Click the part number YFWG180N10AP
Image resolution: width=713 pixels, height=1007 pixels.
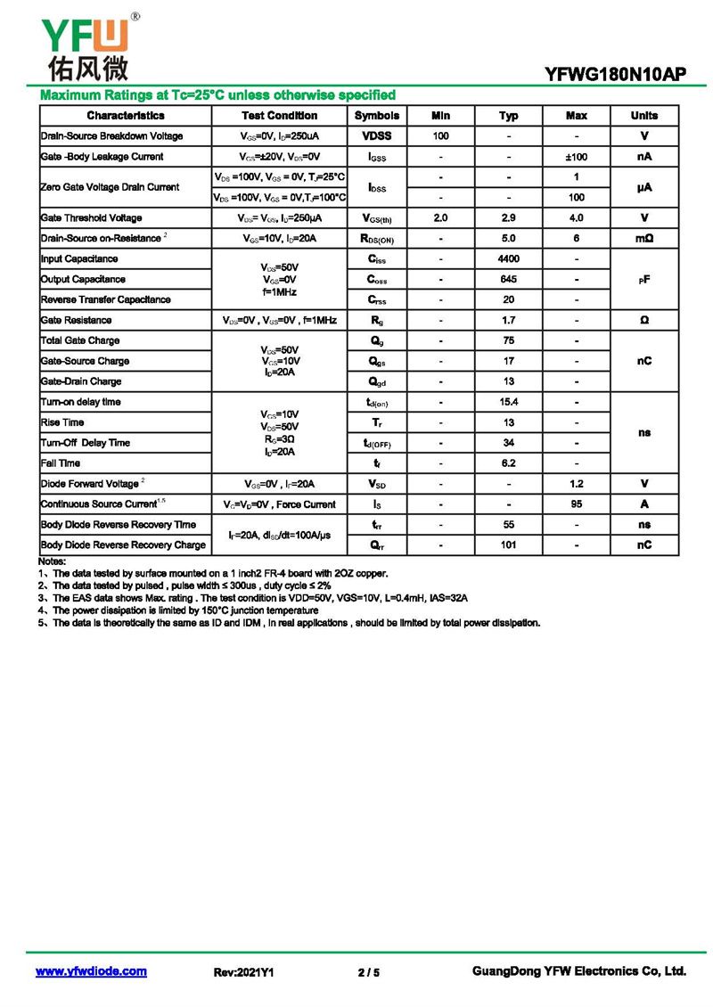tap(615, 76)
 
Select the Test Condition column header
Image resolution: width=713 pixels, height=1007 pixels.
tap(279, 116)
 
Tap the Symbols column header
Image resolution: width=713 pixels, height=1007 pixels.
tap(377, 116)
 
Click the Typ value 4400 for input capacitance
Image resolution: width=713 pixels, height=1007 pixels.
tap(509, 259)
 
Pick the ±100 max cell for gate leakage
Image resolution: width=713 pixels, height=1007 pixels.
tap(577, 157)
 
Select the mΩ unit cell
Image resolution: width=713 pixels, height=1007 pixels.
tap(644, 239)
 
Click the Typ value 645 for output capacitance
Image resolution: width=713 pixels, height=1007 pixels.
tap(509, 280)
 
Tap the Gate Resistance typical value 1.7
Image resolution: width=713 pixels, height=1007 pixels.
tap(509, 320)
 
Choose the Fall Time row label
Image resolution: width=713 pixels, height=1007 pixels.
tap(61, 463)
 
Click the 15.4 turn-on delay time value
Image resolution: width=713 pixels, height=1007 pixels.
tap(509, 402)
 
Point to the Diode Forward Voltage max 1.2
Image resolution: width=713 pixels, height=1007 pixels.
tap(577, 484)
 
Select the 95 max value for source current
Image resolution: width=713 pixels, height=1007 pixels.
tap(577, 504)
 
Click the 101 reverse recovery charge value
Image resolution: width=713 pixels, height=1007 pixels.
tap(509, 544)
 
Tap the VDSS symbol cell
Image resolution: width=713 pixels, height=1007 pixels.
tap(377, 136)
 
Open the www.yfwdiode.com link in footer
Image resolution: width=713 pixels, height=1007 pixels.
tap(91, 971)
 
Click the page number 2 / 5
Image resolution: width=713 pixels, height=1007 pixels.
tap(368, 972)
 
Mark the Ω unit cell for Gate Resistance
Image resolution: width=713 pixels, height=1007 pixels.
tap(644, 320)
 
